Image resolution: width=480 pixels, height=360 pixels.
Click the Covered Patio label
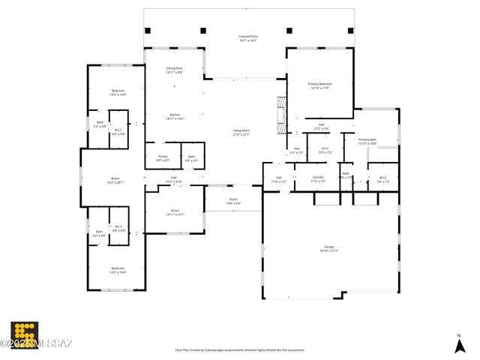click(247, 38)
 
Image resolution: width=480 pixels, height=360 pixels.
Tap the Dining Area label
click(174, 70)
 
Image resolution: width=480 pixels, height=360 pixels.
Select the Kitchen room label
click(174, 116)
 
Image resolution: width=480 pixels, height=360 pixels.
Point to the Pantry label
click(163, 158)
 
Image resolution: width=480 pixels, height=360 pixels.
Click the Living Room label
click(241, 132)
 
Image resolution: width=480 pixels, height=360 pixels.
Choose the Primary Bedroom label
click(319, 85)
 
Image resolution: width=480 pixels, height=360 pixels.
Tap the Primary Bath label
click(367, 141)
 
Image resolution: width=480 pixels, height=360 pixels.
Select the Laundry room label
click(318, 178)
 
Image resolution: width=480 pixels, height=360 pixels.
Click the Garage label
click(328, 248)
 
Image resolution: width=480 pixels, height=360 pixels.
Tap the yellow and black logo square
click(24, 334)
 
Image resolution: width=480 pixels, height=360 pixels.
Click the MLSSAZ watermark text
click(37, 344)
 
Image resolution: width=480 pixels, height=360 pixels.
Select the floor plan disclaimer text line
click(239, 349)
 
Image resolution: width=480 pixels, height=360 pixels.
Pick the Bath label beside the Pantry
click(192, 158)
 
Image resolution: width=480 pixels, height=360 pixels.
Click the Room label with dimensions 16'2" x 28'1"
click(115, 180)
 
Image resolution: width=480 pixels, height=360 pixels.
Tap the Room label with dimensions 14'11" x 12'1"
click(175, 212)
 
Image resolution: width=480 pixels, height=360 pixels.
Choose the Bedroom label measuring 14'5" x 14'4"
click(118, 269)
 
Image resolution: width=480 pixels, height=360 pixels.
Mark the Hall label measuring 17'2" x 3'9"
click(321, 126)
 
